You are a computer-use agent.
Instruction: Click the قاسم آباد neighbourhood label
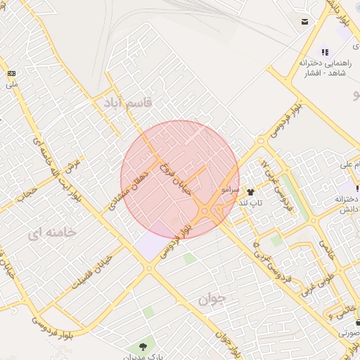[x=127, y=103]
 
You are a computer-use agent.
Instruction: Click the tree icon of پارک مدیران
[x=143, y=346]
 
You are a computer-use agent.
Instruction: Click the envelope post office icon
[x=304, y=22]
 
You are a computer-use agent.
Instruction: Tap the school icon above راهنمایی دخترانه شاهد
[x=325, y=51]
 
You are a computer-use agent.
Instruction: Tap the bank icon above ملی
[x=11, y=73]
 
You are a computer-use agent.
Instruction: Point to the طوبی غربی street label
[x=310, y=281]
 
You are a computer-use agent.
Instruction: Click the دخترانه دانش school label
[x=340, y=205]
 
